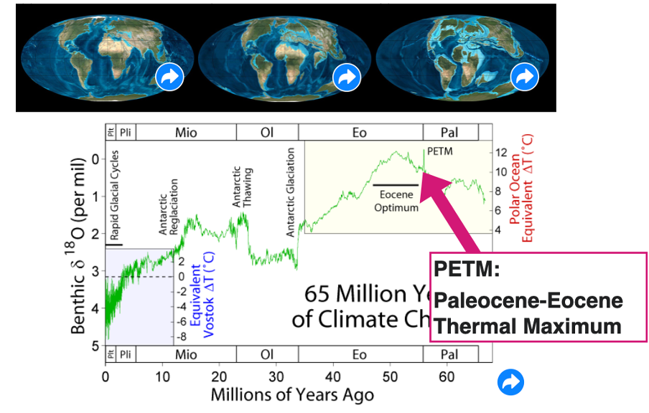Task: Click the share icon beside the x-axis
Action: pos(510,382)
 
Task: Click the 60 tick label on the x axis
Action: pos(447,376)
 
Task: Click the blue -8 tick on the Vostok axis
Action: pos(182,336)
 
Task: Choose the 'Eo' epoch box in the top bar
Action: pos(360,133)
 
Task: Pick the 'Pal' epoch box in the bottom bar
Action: pos(449,355)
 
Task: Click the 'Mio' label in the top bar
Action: pos(185,133)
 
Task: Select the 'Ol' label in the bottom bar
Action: pos(266,355)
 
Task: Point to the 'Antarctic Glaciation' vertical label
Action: pos(291,191)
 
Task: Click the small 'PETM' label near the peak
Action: pos(440,152)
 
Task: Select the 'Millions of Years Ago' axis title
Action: pos(292,394)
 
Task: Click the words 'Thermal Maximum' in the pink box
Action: pos(528,326)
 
